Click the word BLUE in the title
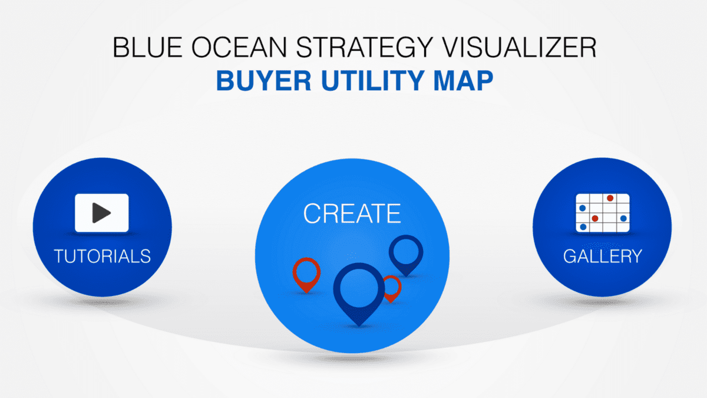click(x=148, y=47)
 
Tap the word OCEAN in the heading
click(x=239, y=47)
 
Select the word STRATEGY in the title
click(x=365, y=47)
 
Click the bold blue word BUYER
click(x=264, y=81)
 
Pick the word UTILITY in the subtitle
click(x=373, y=81)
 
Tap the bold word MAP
click(x=463, y=81)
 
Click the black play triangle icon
click(x=101, y=213)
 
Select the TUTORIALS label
click(x=103, y=256)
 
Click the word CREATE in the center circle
click(x=352, y=213)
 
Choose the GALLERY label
click(x=603, y=256)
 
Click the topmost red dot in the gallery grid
click(x=610, y=198)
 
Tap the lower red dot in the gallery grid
click(x=595, y=218)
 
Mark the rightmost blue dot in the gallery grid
click(x=623, y=218)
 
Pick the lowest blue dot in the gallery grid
click(x=583, y=227)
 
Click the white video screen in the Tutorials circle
click(x=101, y=213)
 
